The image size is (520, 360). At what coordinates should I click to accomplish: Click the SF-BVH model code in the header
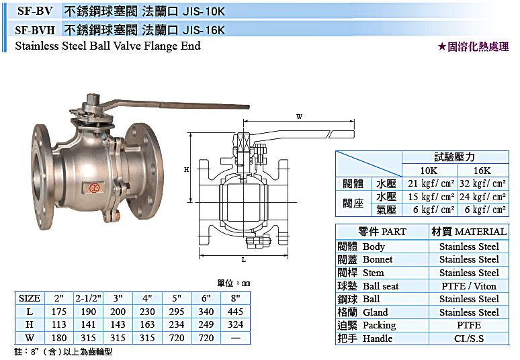pos(35,30)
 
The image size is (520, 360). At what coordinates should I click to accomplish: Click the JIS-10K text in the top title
pos(204,11)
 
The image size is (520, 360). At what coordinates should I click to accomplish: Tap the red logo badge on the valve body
pos(95,187)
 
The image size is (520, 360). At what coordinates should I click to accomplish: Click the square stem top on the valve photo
pos(93,99)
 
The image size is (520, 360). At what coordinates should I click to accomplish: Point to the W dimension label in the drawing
pos(299,116)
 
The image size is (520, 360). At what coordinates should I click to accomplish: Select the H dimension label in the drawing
pos(186,170)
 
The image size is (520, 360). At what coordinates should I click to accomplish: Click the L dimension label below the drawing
pos(244,259)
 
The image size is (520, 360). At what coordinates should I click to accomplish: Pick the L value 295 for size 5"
pos(177,312)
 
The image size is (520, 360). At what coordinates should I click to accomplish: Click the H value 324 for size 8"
pos(235,324)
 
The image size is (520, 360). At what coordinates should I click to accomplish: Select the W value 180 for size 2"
pos(59,338)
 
